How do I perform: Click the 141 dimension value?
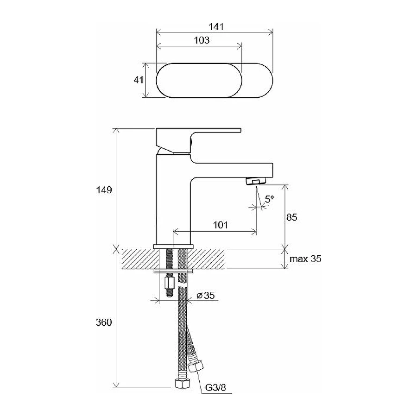pos(216,26)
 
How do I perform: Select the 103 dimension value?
pos(202,40)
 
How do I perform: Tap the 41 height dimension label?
pos(139,80)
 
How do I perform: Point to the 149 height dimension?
pos(104,190)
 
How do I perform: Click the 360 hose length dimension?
pos(104,322)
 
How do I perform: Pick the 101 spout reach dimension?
pos(221,225)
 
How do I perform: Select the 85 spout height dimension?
pos(292,217)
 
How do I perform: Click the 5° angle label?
pos(269,199)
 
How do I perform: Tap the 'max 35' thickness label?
pos(305,259)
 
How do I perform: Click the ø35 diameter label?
pos(206,295)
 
